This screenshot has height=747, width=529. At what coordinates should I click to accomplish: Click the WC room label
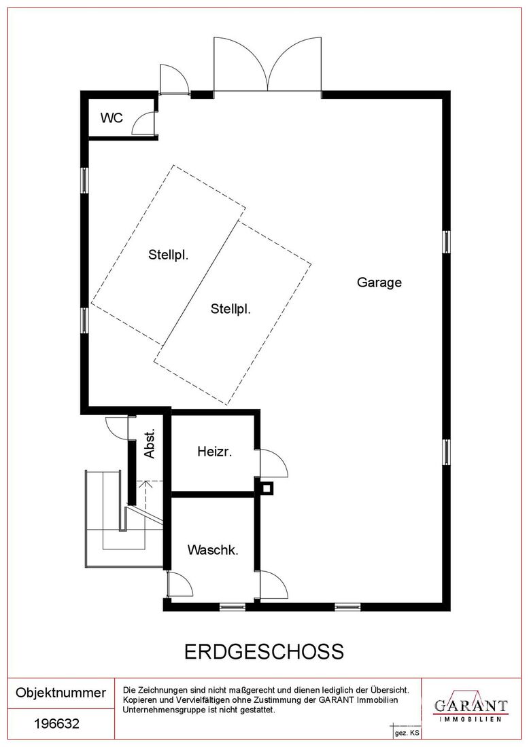(x=112, y=117)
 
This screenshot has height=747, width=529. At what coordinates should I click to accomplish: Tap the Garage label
(x=379, y=283)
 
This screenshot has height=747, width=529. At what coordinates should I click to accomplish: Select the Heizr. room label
(x=215, y=451)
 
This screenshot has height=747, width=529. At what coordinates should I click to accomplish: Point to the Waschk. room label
(x=213, y=550)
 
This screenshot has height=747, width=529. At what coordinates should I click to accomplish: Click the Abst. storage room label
(x=150, y=443)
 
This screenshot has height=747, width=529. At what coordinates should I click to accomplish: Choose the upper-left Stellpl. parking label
(x=169, y=255)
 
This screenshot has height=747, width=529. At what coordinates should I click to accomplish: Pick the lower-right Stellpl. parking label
(x=231, y=309)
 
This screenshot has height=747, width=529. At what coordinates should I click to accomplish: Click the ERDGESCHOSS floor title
(x=264, y=651)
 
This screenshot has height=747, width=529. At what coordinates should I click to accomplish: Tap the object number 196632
(x=56, y=724)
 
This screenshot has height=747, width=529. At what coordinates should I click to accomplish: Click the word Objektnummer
(x=61, y=692)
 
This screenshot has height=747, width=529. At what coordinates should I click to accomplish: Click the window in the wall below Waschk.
(x=233, y=607)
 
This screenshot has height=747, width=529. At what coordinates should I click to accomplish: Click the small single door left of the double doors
(x=174, y=79)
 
